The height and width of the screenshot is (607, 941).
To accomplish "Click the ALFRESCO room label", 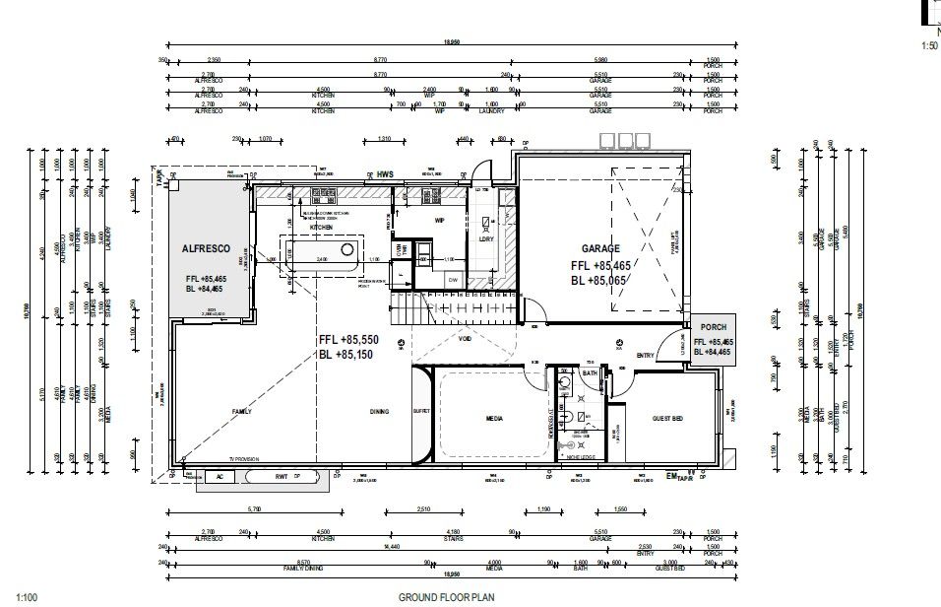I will coord(207,249).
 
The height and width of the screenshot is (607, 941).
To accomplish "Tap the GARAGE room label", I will coord(599,249).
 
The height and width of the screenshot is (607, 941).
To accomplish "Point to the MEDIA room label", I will coord(494,419).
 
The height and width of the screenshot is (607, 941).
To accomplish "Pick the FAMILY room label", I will coord(241,412).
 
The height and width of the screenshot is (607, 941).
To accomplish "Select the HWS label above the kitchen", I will coord(385,174).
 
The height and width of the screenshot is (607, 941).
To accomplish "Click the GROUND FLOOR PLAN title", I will coord(445,596).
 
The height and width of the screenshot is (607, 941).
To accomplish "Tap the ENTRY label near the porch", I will coord(645,356).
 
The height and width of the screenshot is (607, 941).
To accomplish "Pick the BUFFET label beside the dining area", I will coord(421,412).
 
